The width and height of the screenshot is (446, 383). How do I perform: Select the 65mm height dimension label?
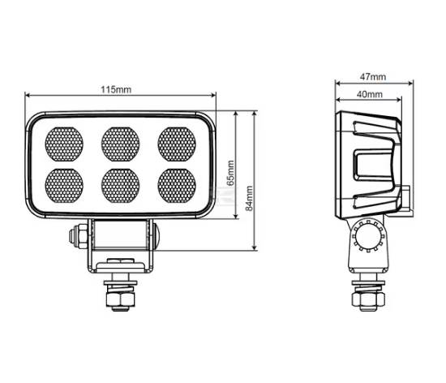coord(230,172)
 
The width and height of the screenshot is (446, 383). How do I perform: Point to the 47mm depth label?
coord(372,77)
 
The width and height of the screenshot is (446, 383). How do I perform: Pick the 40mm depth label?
coord(369,95)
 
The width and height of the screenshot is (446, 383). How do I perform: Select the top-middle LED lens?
coord(119,143)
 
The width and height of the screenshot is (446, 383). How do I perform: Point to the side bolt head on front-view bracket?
coord(76,236)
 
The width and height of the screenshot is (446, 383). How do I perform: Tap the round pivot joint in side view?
coord(370,236)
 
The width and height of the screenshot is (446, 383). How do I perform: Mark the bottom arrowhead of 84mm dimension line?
coord(256,247)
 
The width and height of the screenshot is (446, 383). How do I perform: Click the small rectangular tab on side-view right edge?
coord(406,196)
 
